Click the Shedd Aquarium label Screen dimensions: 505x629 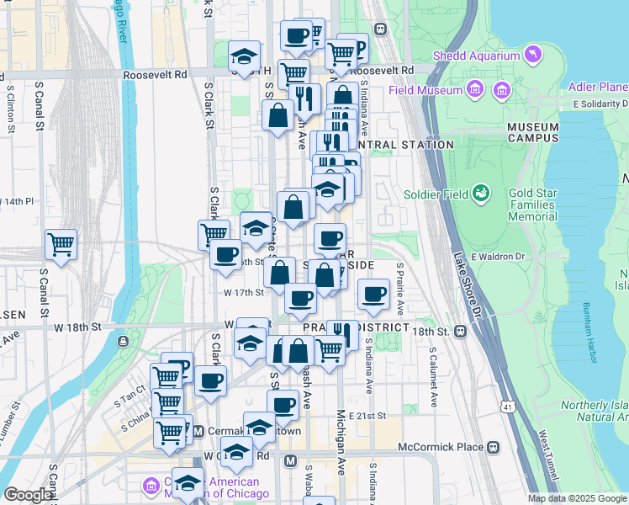(476, 56)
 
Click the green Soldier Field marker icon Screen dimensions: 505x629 (481, 194)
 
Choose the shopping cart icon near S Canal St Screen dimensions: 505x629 (61, 245)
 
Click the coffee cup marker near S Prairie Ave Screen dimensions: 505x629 (373, 295)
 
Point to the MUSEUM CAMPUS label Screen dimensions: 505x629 (532, 132)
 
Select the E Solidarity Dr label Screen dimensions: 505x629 (600, 104)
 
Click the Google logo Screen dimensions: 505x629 (28, 495)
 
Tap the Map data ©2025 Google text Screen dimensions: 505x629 (577, 498)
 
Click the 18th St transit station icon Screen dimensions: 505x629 (460, 331)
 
